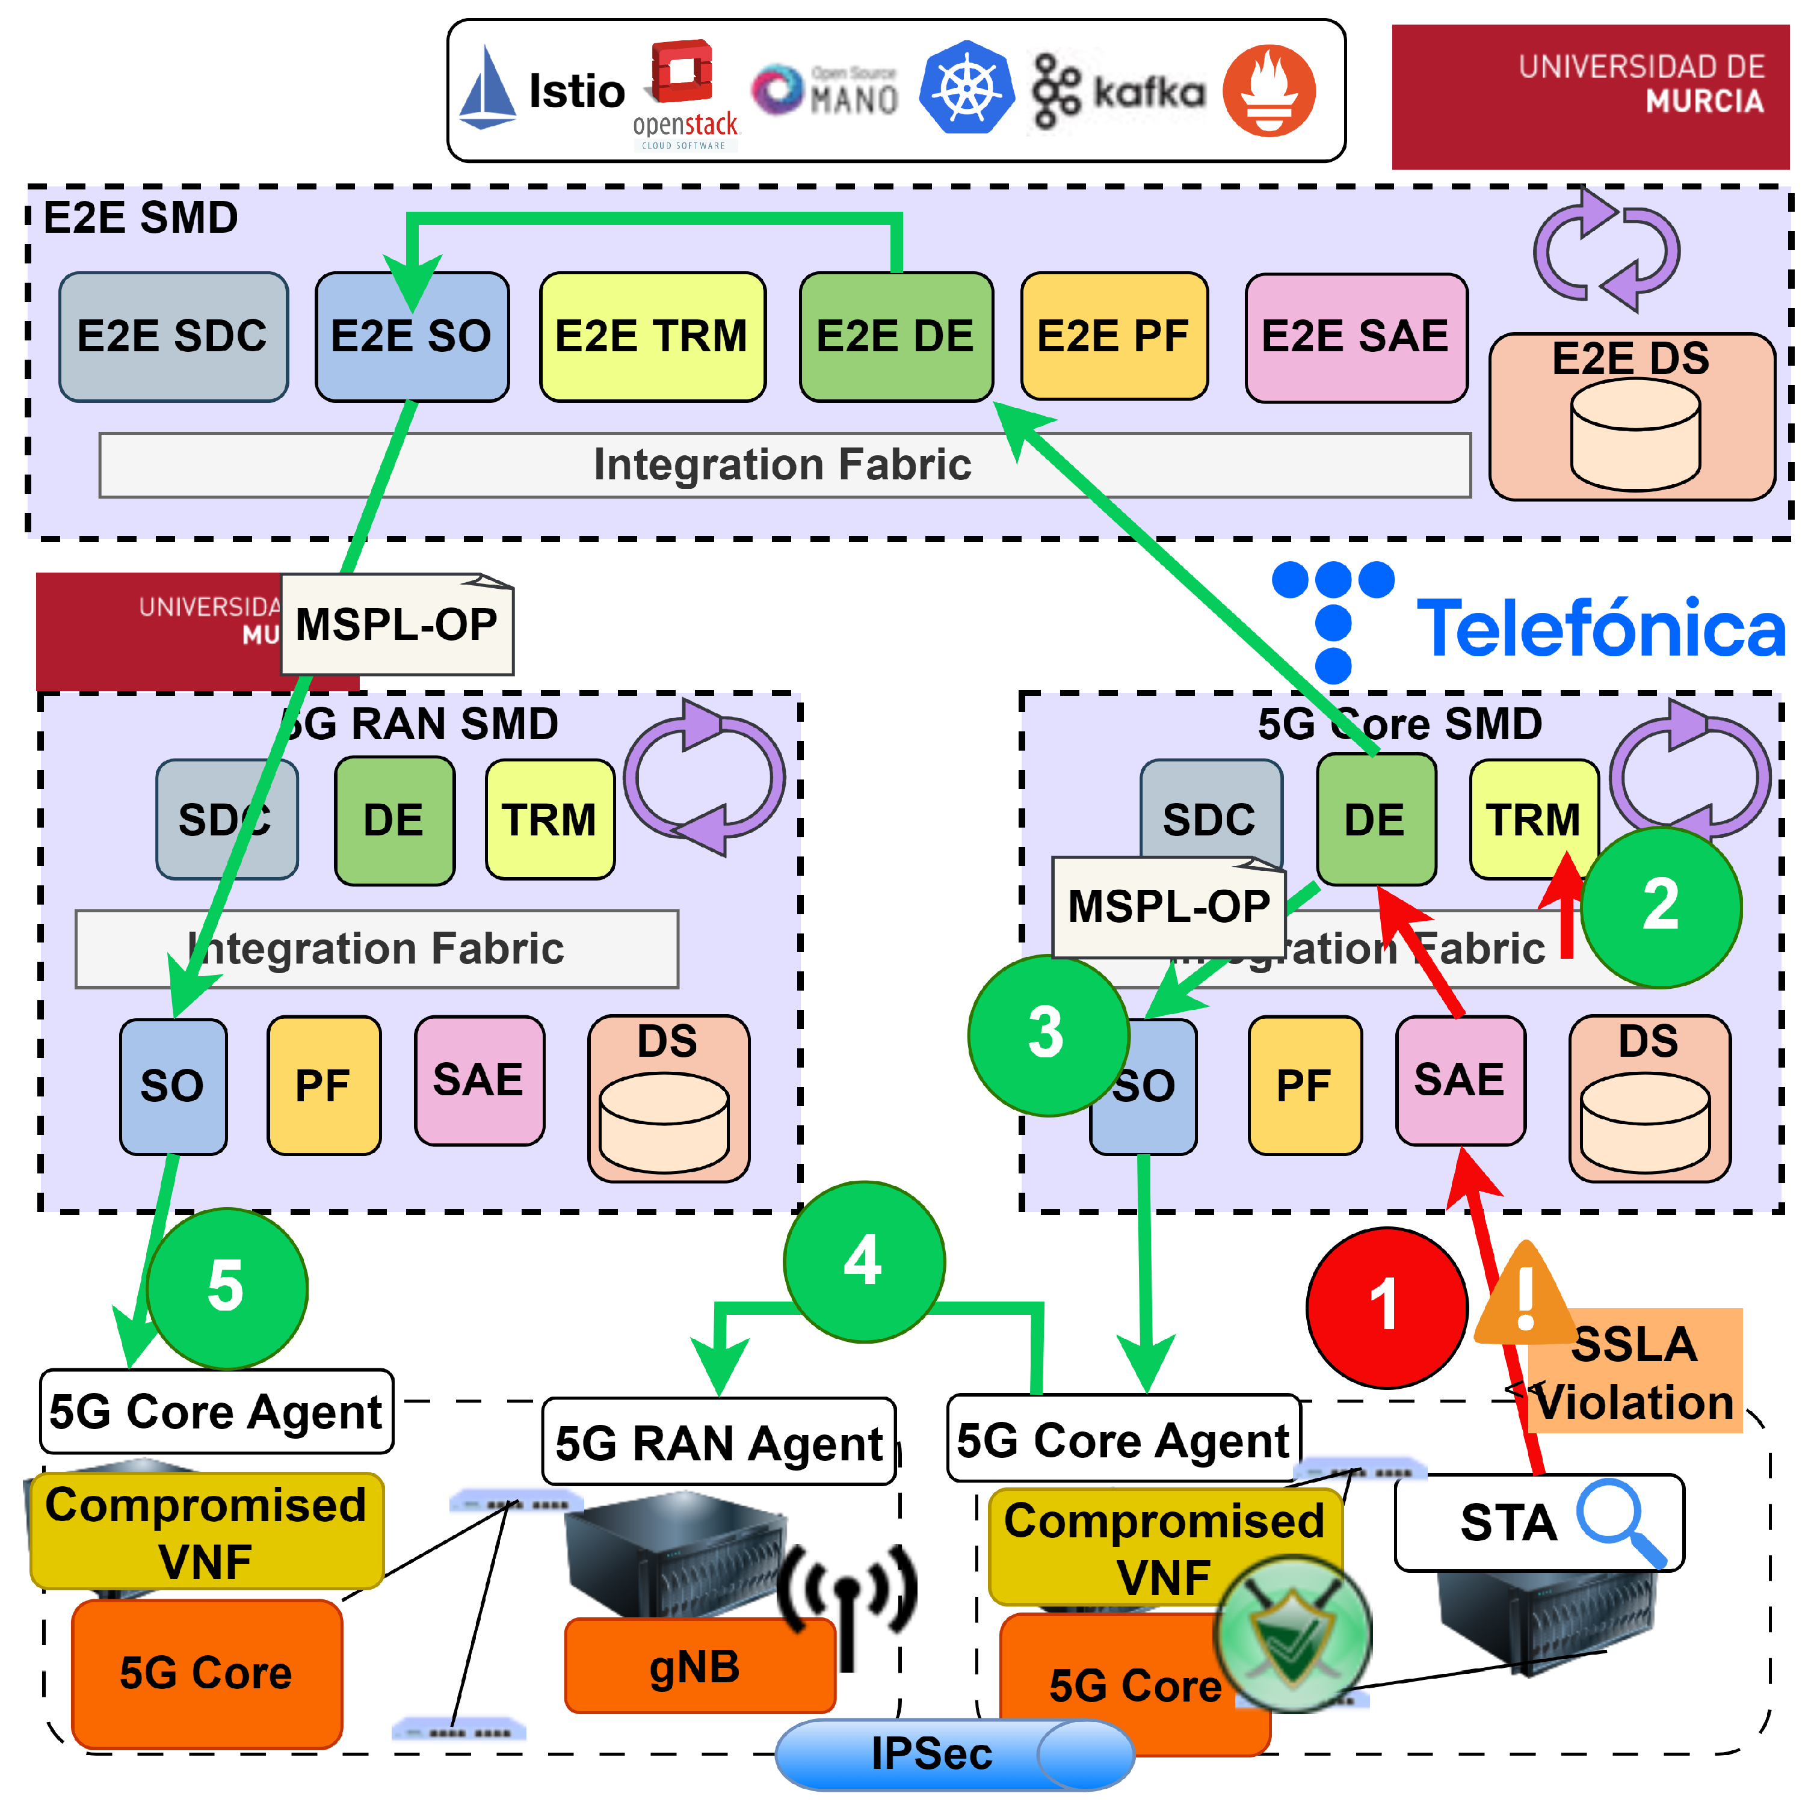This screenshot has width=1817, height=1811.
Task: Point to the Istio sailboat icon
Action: tap(488, 90)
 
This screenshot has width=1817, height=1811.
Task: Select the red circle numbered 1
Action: tap(1386, 1307)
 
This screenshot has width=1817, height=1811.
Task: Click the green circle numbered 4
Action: tap(863, 1261)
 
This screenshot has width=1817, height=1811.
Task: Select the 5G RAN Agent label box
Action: tap(718, 1442)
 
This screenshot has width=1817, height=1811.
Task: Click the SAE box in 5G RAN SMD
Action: tap(479, 1080)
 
